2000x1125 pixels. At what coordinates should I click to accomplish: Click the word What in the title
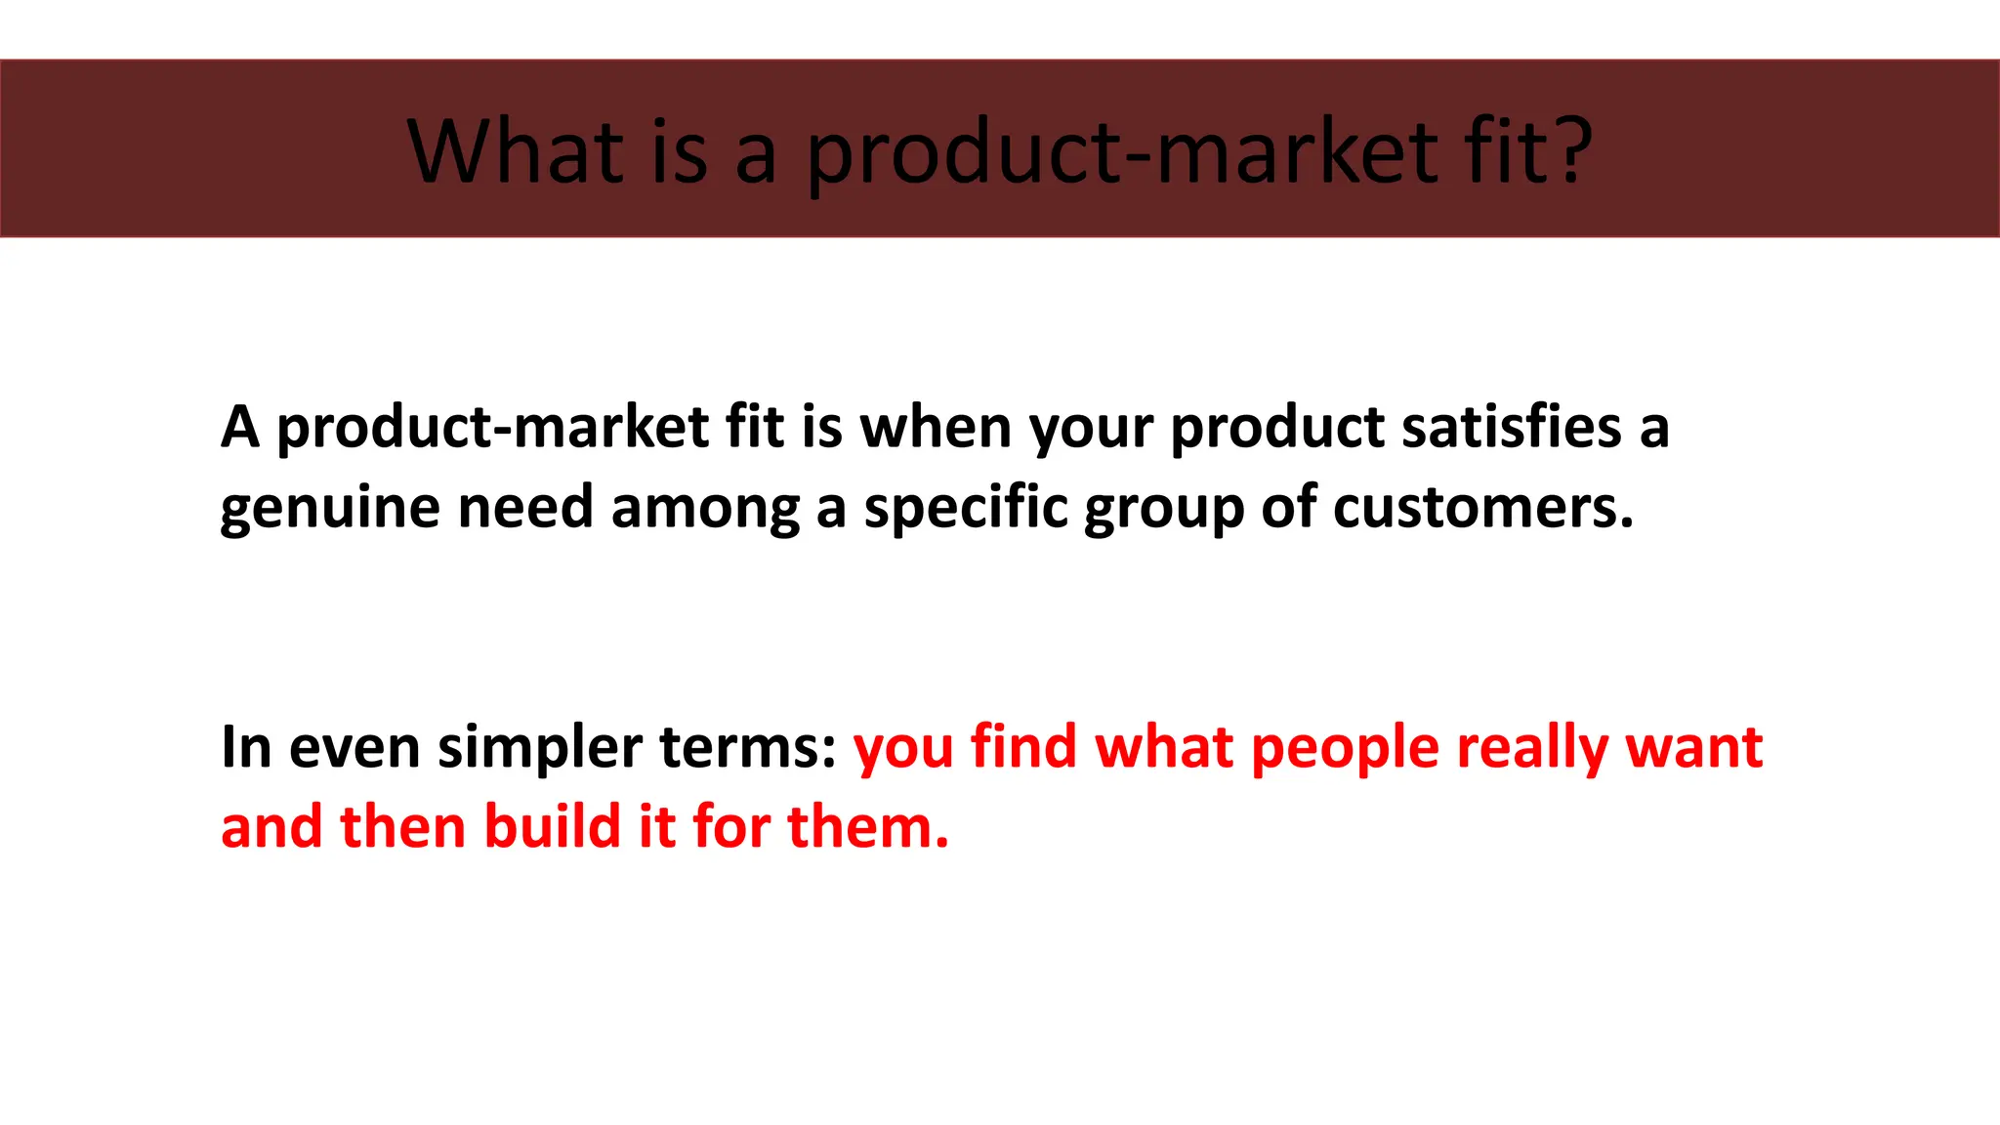[x=515, y=151]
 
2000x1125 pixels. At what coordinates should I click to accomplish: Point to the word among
[x=705, y=508]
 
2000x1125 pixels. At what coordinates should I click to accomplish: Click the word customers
[x=1481, y=508]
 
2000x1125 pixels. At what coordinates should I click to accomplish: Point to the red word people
[x=1345, y=749]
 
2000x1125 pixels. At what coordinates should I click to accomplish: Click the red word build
[x=552, y=826]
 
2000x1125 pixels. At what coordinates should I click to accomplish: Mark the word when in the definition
[x=936, y=428]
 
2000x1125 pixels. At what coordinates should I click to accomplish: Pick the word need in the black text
[x=525, y=508]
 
